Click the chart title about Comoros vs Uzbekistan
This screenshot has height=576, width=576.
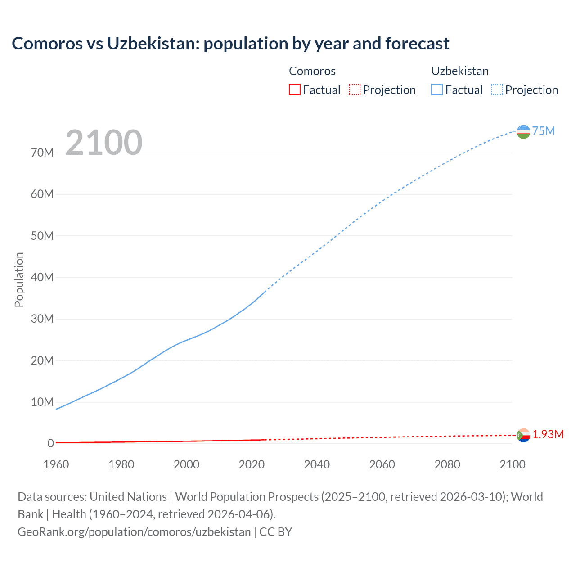point(230,44)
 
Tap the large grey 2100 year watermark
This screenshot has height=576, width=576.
point(104,143)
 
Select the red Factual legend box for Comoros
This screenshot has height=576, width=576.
point(294,90)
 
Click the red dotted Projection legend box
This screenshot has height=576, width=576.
point(355,90)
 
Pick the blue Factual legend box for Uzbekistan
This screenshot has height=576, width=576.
point(436,90)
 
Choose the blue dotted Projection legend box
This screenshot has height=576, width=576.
point(497,90)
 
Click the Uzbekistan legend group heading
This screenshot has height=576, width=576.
point(460,71)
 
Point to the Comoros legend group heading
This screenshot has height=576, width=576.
point(312,71)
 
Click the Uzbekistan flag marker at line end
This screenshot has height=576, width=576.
point(523,131)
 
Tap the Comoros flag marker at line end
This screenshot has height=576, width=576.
point(523,435)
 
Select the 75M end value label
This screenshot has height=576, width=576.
point(544,131)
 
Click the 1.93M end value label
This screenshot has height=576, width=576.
point(548,434)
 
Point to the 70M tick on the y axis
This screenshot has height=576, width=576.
point(42,153)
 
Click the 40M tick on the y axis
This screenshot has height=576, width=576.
point(42,277)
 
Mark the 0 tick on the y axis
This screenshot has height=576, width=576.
point(50,443)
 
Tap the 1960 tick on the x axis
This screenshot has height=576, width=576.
point(56,464)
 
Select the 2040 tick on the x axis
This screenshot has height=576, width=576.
point(317,464)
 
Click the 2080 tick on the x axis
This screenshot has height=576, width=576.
point(447,464)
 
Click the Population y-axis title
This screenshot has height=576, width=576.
point(19,279)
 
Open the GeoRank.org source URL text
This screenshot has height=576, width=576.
point(134,532)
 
